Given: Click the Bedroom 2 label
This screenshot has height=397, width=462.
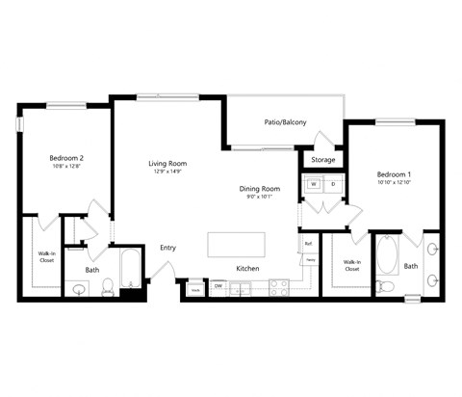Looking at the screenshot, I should click(x=67, y=158).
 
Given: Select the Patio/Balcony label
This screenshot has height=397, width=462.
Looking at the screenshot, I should click(x=285, y=122).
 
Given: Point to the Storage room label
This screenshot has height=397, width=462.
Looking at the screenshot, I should click(x=323, y=160).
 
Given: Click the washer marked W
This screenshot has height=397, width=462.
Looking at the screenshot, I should click(x=314, y=184).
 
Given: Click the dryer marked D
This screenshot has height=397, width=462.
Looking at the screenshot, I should click(x=333, y=184).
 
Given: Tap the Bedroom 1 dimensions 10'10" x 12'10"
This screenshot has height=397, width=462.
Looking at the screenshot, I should click(x=395, y=182).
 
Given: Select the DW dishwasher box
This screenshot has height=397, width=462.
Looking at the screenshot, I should click(x=218, y=286).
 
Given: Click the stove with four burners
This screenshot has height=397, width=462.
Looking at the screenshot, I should click(x=278, y=286).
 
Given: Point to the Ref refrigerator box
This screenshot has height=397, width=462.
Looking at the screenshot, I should click(x=309, y=244).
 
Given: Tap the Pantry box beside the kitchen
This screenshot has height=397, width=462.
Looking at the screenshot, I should click(x=310, y=261).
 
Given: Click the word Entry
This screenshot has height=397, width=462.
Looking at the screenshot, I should click(x=168, y=248).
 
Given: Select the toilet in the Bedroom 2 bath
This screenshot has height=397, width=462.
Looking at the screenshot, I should click(x=109, y=285).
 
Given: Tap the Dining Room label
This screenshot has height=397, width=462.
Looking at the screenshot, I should click(x=260, y=189).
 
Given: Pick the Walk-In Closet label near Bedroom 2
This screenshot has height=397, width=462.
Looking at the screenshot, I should click(x=47, y=256).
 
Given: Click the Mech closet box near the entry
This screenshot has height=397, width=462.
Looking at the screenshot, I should click(x=194, y=287).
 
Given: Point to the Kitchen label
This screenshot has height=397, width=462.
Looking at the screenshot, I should click(x=248, y=268).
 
